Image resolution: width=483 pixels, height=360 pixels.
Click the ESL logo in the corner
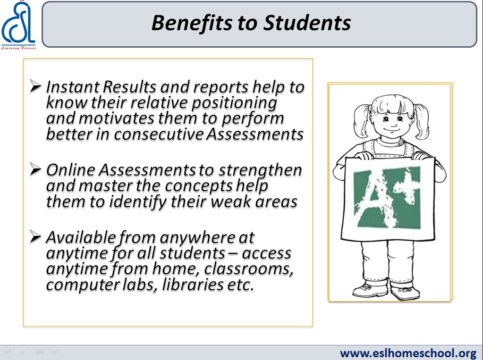tap(18, 25)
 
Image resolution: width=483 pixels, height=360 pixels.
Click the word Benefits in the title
tap(192, 23)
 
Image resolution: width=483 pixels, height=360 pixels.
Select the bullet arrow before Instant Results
tap(35, 86)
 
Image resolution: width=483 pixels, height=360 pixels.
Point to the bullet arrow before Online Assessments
tap(35, 169)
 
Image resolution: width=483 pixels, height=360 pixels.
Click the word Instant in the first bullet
tap(73, 87)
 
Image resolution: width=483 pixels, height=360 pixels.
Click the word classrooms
tap(248, 269)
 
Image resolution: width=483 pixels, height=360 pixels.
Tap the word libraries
tap(193, 284)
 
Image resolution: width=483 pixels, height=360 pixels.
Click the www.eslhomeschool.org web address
tap(408, 353)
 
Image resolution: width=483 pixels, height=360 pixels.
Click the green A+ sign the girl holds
tap(388, 199)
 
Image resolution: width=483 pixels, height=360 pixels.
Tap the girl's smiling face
tap(392, 121)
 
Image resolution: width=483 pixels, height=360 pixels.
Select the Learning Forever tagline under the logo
tap(18, 48)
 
